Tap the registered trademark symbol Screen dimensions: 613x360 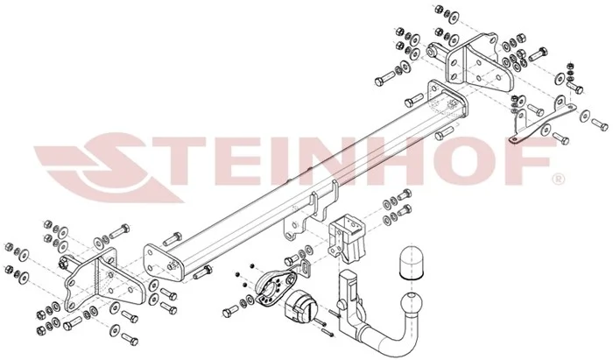pyautogui.click(x=558, y=179)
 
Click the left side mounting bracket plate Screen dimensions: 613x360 pyautogui.click(x=102, y=280)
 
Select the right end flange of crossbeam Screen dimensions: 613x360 pyautogui.click(x=447, y=101)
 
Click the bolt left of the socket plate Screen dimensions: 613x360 pyautogui.click(x=230, y=311)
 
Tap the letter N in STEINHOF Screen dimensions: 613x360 pyautogui.click(x=307, y=161)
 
